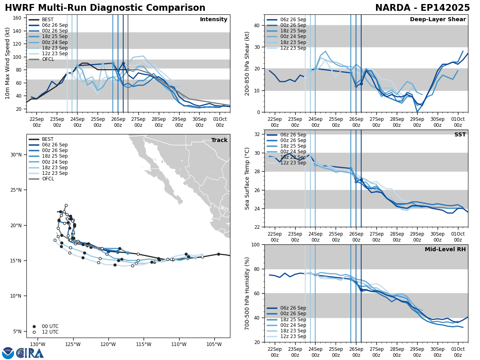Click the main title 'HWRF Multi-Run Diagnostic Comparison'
105,8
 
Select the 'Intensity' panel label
213,20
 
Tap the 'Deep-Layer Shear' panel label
438,20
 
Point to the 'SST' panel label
460,135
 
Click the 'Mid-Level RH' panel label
445,250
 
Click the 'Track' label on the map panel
219,140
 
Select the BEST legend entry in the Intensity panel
48,20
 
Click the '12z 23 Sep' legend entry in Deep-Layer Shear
292,48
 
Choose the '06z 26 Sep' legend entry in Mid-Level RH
292,308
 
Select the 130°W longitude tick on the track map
37,344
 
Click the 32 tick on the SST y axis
258,134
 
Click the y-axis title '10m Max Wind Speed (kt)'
8,63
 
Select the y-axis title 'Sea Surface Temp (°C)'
247,178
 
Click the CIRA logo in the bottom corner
30,353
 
